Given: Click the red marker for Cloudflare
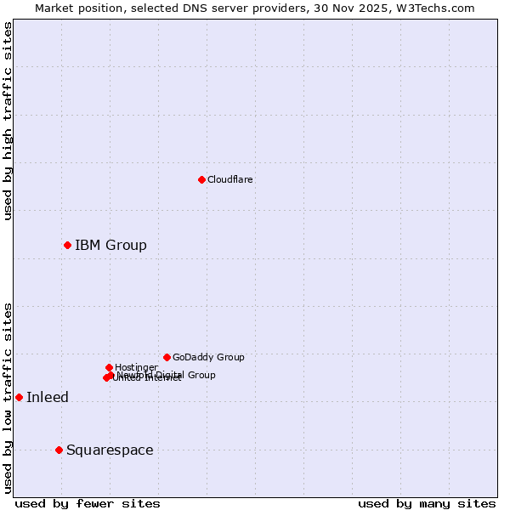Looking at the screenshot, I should click(201, 179).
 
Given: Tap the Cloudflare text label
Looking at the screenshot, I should click(229, 179).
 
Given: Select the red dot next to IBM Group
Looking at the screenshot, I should click(67, 245).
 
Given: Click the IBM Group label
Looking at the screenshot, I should click(110, 245).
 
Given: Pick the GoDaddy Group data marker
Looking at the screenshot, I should click(167, 357).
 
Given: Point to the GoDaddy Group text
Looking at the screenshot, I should click(208, 357).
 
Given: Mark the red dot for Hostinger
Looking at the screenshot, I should click(109, 367).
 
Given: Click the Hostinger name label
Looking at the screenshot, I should click(136, 367).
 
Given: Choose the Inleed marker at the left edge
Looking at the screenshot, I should click(19, 397).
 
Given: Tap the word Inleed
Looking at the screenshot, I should click(48, 397).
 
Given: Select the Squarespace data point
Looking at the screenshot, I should click(59, 450).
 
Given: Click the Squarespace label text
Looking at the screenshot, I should click(110, 450).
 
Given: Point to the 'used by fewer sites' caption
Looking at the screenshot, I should click(88, 503).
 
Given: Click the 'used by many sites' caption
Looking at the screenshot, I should click(427, 503).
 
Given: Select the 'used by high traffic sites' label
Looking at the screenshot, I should click(8, 121).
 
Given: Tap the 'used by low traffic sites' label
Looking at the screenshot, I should click(8, 398).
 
